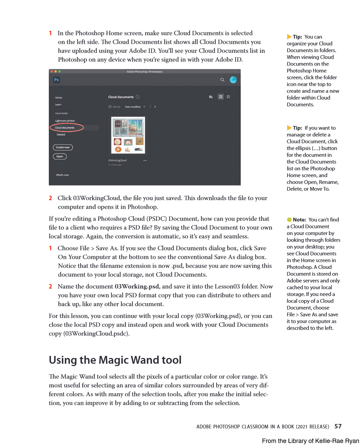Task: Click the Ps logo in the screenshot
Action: [56, 80]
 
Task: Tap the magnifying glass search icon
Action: [222, 80]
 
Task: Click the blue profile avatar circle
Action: [233, 80]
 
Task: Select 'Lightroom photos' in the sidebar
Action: [65, 121]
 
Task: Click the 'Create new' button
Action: [63, 147]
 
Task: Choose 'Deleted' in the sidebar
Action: [61, 134]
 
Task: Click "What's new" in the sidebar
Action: [62, 175]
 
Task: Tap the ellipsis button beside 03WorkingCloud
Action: [145, 161]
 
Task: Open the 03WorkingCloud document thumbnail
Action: [128, 135]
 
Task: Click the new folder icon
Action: [211, 97]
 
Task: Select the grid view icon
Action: [221, 97]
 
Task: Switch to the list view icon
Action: [228, 97]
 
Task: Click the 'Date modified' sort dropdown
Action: [135, 107]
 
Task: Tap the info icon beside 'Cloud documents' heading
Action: [138, 97]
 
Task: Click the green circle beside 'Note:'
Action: [289, 220]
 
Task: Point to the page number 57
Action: [338, 426]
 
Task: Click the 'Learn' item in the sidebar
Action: [58, 105]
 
